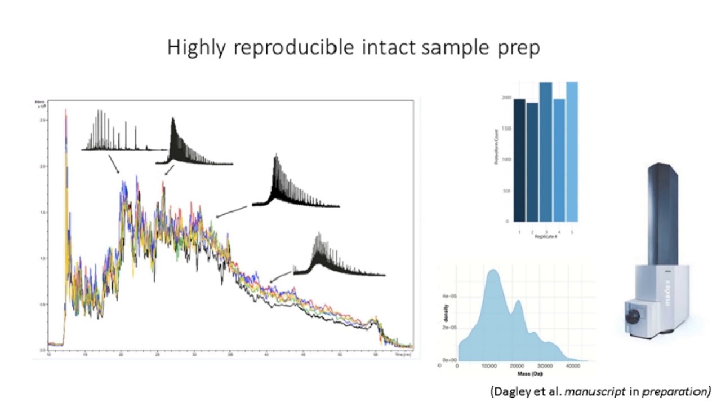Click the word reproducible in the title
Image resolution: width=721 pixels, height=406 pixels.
(x=293, y=48)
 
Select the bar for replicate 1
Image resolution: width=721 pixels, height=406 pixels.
(x=519, y=161)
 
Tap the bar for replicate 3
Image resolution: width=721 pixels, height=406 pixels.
(x=545, y=152)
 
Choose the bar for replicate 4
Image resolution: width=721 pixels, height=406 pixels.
(x=559, y=161)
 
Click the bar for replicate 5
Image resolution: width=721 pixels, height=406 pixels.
(x=572, y=152)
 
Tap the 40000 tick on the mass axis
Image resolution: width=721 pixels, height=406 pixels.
(x=573, y=366)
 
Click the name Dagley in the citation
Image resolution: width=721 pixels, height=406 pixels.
(x=510, y=391)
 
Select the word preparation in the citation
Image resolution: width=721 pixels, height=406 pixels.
(x=681, y=391)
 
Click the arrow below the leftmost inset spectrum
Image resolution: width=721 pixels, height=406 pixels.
(x=113, y=165)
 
